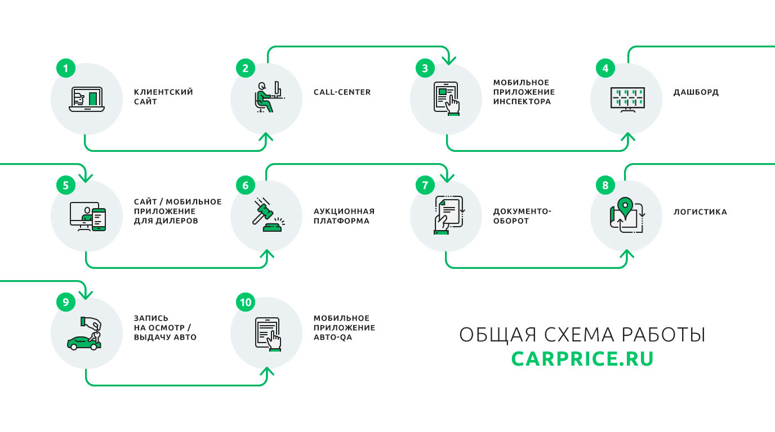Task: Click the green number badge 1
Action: [65, 69]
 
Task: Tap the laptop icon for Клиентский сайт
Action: [86, 100]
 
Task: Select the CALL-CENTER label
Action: [342, 92]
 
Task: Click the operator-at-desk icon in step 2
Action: [266, 97]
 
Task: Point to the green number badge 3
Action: [425, 69]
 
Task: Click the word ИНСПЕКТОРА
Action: [522, 102]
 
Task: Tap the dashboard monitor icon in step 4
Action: [627, 99]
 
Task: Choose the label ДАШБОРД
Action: [696, 92]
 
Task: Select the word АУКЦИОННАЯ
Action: [344, 211]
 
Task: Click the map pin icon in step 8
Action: [623, 205]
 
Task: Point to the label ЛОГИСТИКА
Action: [700, 212]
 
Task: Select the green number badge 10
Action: [245, 302]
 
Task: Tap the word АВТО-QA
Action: [333, 337]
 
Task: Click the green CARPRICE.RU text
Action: [582, 359]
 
